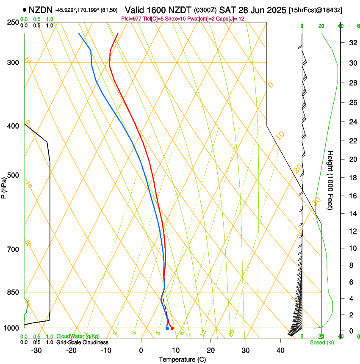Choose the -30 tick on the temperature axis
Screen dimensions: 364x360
point(36,350)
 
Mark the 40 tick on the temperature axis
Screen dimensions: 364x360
point(280,350)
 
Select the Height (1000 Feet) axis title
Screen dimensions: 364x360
point(331,180)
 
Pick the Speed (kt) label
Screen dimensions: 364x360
point(321,342)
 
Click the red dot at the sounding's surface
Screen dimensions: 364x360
point(172,328)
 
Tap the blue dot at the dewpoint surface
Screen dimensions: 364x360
point(167,328)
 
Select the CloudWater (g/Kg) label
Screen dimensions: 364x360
point(78,336)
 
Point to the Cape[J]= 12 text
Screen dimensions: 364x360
point(228,19)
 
